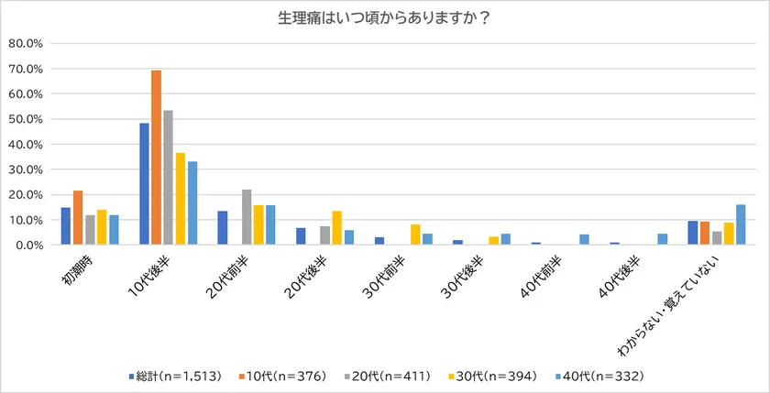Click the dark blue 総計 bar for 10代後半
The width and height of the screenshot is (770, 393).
tap(145, 184)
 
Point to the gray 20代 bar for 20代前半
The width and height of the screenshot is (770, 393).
tap(247, 217)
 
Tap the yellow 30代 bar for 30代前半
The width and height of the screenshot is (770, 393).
tap(415, 235)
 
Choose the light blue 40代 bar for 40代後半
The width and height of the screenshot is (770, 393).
tap(662, 239)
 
